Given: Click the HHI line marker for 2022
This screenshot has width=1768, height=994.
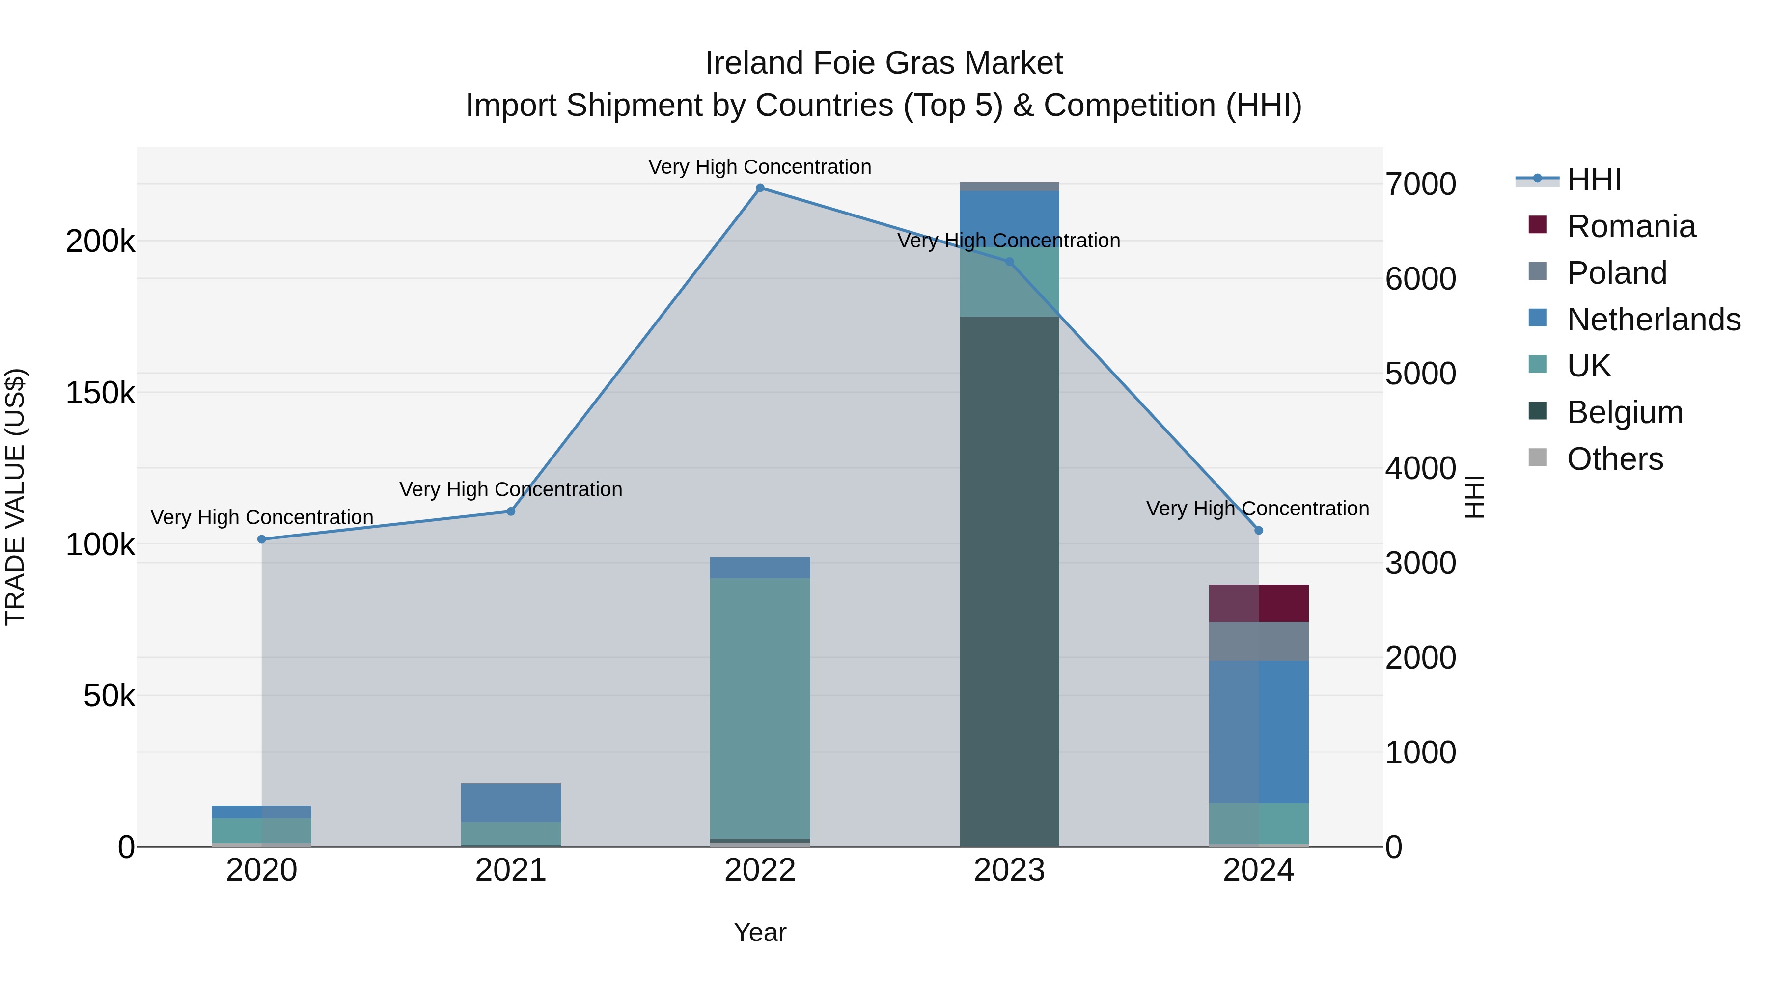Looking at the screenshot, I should (x=760, y=188).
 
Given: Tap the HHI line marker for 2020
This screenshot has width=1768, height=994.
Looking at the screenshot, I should (x=261, y=539).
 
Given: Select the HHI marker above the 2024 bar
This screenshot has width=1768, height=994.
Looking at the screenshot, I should (x=1258, y=530).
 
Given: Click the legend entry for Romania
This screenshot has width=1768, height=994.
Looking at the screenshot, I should (x=1630, y=226).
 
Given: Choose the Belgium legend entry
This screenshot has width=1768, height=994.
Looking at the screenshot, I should (x=1625, y=412).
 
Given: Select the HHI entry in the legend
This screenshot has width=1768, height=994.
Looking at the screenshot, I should (x=1594, y=180).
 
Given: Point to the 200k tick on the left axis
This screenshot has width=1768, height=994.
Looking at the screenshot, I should (x=100, y=242).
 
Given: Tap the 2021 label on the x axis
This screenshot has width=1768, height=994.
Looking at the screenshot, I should (x=511, y=870).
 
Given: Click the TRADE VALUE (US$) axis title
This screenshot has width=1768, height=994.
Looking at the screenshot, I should (x=15, y=497).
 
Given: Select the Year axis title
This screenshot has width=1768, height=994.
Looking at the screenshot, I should (x=760, y=932).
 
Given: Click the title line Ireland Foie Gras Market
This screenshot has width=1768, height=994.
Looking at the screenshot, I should (x=884, y=63).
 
